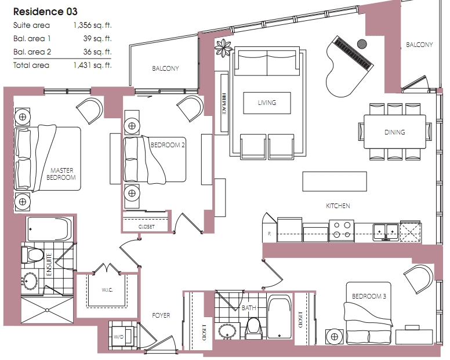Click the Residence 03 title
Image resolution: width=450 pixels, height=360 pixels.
click(45, 12)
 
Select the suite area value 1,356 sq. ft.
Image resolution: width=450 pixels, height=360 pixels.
click(92, 26)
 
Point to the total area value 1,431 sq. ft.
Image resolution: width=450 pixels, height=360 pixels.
click(92, 65)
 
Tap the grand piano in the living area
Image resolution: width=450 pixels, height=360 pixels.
click(349, 66)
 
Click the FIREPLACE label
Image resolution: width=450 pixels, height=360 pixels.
click(224, 104)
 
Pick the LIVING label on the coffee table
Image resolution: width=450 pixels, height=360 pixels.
click(267, 103)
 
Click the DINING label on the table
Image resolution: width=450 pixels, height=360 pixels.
click(394, 132)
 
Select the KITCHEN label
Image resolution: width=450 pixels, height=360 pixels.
click(338, 206)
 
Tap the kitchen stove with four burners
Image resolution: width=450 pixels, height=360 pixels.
click(342, 231)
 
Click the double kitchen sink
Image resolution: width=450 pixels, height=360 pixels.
click(386, 232)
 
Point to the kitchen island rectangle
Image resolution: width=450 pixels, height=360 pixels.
click(335, 181)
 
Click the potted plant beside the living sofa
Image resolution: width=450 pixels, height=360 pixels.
click(223, 48)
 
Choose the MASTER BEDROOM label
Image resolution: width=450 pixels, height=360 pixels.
click(61, 174)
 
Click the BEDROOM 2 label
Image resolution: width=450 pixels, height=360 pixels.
click(168, 145)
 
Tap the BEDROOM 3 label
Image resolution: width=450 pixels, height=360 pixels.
click(369, 296)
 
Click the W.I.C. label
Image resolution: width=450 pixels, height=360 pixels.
click(107, 290)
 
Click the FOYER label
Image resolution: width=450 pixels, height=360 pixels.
click(161, 315)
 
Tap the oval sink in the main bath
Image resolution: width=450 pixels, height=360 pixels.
click(227, 332)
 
